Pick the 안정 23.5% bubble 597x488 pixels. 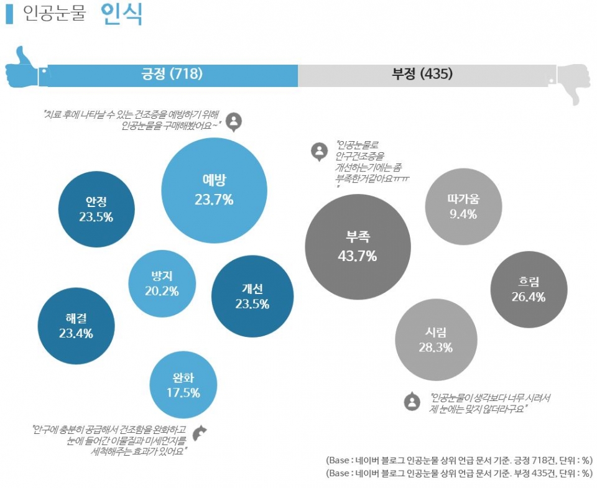click(96, 209)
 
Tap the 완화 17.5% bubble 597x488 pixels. click(183, 385)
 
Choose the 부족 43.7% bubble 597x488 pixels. click(358, 246)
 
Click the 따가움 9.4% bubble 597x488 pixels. click(463, 206)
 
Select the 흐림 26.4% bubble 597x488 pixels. click(529, 290)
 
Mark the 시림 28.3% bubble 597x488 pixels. click(436, 339)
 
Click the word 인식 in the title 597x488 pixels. click(122, 14)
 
